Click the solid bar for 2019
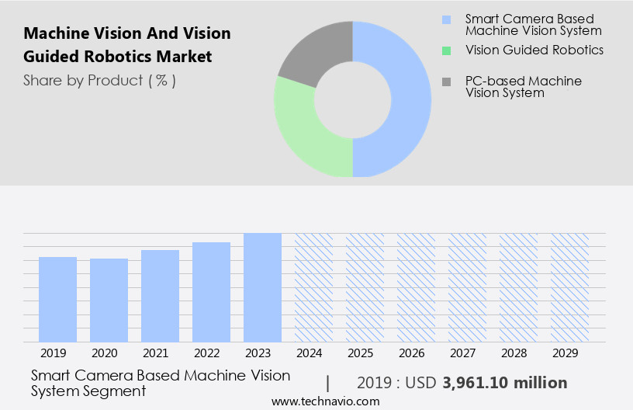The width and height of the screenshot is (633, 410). [x=57, y=299]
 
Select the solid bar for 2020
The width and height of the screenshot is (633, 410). [x=109, y=300]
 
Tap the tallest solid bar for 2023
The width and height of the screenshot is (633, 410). [x=262, y=287]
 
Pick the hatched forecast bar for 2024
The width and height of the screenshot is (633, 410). [x=313, y=287]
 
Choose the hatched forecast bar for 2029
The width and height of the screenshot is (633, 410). [x=569, y=287]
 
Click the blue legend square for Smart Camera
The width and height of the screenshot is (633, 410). [x=445, y=19]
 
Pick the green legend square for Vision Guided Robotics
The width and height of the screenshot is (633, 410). [x=445, y=50]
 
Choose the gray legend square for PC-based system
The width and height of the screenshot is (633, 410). [x=445, y=82]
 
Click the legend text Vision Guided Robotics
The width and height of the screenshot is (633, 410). [x=534, y=50]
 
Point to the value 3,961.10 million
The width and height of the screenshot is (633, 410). [x=504, y=383]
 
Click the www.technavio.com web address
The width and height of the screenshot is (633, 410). [x=325, y=401]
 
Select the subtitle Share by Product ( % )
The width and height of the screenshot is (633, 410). [x=99, y=80]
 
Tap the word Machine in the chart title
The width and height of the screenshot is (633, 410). [x=54, y=33]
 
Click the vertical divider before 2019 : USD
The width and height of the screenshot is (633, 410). [x=328, y=383]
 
